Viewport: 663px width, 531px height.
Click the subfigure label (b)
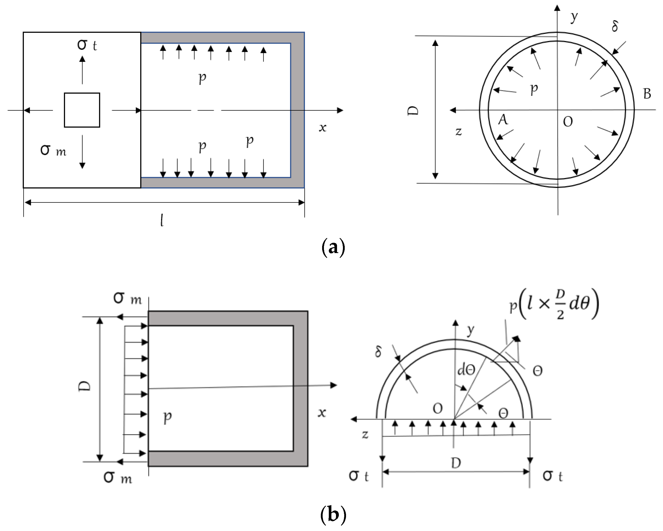coord(333,515)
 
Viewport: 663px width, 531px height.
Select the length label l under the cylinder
coord(162,220)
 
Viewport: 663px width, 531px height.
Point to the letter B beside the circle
coord(647,94)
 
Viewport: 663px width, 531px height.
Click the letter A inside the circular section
coord(503,120)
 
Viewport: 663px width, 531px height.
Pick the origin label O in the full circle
coord(568,122)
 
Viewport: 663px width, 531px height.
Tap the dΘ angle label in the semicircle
coord(466,369)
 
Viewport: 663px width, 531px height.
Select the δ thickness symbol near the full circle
coord(614,26)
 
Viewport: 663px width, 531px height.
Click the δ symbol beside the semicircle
coord(379,351)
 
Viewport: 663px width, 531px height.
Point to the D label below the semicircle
coord(456,463)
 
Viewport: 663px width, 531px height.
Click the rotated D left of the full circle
coord(413,111)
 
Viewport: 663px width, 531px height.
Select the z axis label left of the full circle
coord(459,131)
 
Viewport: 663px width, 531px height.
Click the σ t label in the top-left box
coord(87,45)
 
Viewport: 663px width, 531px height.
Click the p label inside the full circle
coord(534,89)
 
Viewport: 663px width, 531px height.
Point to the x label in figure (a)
coord(322,128)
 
